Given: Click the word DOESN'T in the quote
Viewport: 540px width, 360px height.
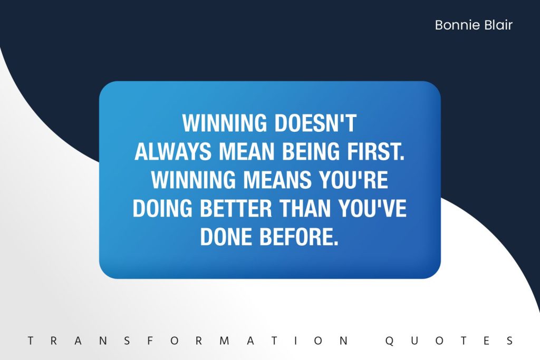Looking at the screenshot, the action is coord(315,123).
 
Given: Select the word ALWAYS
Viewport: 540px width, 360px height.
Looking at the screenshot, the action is coord(173,151).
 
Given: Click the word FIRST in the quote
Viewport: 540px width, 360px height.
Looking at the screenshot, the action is coord(375,151).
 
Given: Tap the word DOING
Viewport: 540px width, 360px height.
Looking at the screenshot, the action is coord(162,208).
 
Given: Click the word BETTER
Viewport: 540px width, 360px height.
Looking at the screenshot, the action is coord(236,208).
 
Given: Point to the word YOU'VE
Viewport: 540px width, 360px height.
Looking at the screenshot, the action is coord(372,208).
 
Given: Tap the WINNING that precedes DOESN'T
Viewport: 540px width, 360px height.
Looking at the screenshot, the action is coord(225,123).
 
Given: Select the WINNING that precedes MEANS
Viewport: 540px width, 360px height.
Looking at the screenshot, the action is coord(194,180).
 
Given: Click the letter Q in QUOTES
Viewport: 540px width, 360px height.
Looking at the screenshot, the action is coord(390,340).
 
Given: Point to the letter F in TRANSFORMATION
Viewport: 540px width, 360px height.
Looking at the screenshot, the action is coord(150,340).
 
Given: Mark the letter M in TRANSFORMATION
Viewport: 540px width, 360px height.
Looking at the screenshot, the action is coord(225,340).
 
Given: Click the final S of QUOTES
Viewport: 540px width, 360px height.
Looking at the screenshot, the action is coord(510,340).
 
